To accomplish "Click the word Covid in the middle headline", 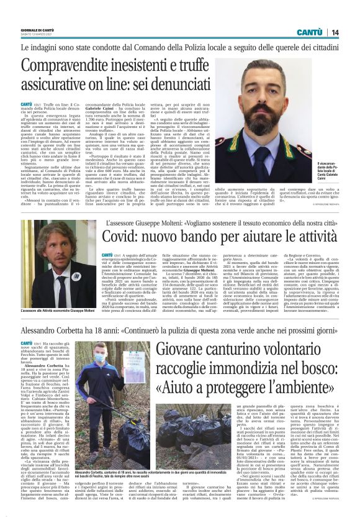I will pyautogui.click(x=119, y=238).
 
